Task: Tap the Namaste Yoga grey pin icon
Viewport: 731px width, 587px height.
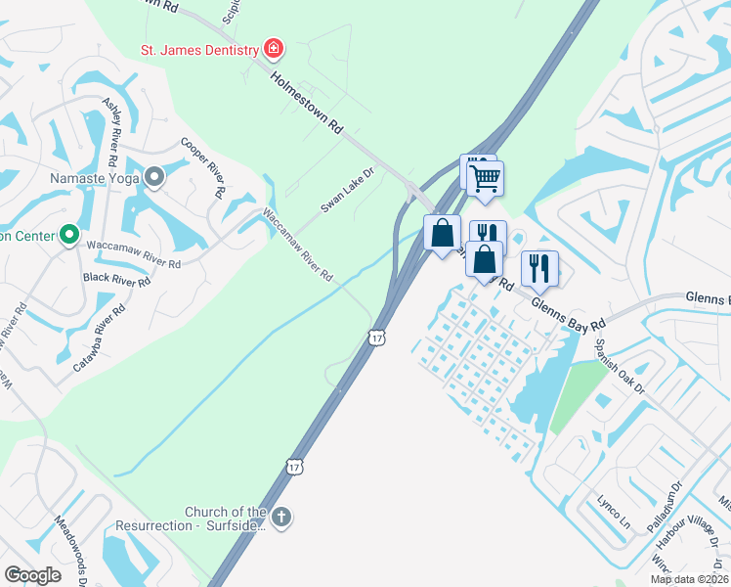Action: point(154,178)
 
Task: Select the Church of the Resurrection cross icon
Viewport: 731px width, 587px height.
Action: point(281,518)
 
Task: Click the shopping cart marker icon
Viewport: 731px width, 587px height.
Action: point(485,180)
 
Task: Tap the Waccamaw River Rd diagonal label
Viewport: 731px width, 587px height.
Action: point(296,246)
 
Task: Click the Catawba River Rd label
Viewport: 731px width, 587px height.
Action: point(99,339)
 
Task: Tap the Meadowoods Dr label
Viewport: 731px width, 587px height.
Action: point(71,550)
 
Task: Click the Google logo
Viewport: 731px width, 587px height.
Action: point(32,575)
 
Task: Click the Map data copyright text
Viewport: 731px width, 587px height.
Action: point(688,579)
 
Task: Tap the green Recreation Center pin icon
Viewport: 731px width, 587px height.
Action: point(68,236)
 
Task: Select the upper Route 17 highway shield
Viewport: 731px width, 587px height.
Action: point(376,338)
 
